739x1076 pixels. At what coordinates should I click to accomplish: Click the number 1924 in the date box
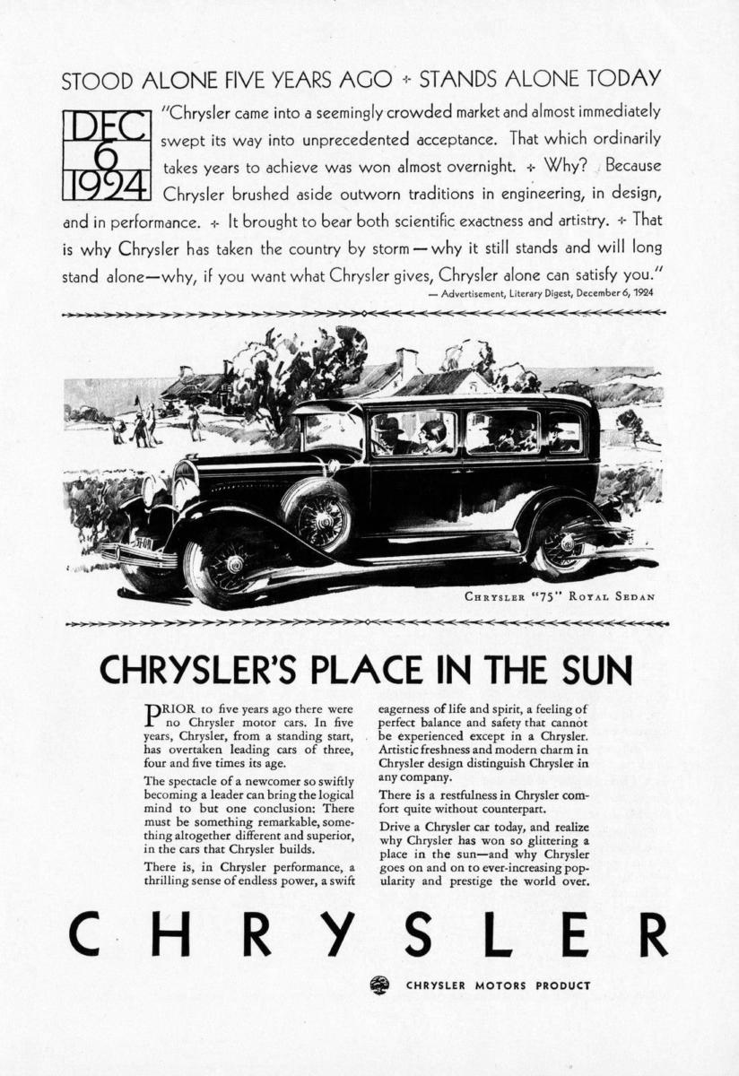coord(106,186)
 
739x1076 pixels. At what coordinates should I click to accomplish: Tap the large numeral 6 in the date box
coord(106,155)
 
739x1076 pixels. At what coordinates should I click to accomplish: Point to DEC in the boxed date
coord(106,126)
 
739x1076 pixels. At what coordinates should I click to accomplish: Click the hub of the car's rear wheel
coord(566,542)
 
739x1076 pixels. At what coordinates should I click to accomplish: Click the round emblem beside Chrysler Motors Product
coord(379,985)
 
